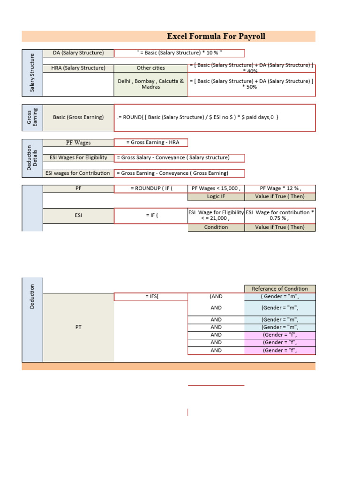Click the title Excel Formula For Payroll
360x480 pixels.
coord(216,37)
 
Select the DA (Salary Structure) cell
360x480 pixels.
coord(78,53)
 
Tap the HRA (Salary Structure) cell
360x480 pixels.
coord(78,68)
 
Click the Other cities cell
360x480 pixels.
coord(150,68)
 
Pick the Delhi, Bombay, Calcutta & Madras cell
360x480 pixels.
coord(150,84)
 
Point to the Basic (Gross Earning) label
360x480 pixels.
coord(78,117)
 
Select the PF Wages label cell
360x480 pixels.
coord(78,142)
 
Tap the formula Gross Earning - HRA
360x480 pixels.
coord(150,142)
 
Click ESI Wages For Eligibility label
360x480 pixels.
coord(78,157)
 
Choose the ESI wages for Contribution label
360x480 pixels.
coord(78,173)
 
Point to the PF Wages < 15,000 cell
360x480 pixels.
coord(216,188)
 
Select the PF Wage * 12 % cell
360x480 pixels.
coord(280,188)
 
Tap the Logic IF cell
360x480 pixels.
coord(216,196)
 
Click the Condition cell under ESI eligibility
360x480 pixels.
coord(216,227)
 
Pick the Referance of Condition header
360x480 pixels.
coord(280,289)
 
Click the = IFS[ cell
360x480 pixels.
coord(150,297)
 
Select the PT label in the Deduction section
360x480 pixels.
coord(78,327)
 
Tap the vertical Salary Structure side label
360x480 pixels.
coord(32,73)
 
